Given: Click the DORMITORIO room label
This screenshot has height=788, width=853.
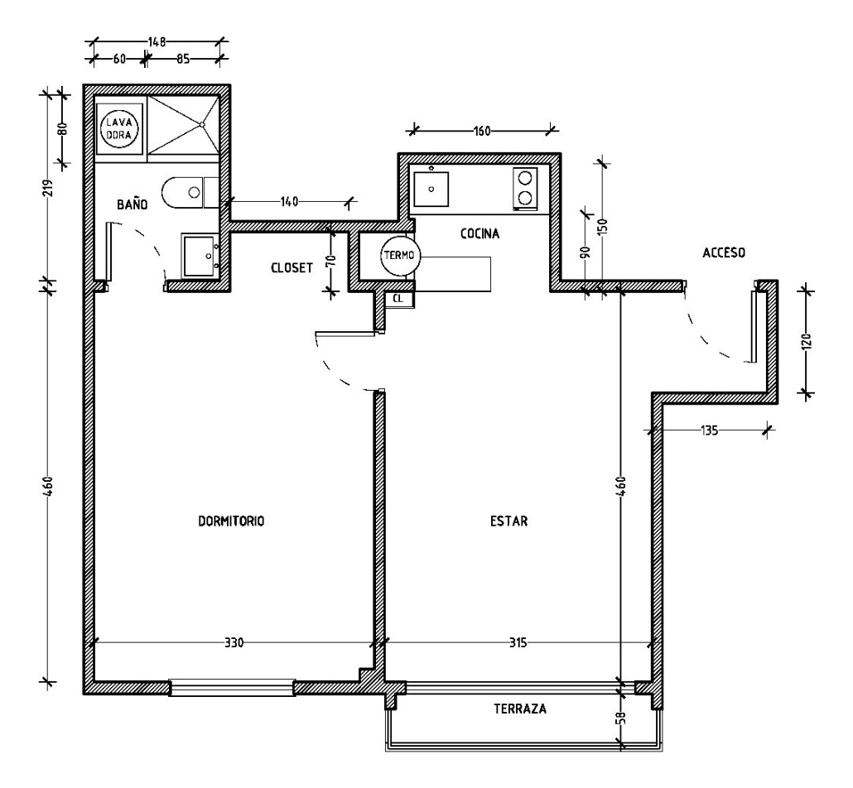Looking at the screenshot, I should click(x=230, y=521).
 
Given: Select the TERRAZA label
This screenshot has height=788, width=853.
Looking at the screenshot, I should click(x=519, y=709).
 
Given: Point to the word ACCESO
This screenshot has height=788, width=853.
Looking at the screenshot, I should click(x=725, y=253).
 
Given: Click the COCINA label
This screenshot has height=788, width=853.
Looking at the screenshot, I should click(x=480, y=234).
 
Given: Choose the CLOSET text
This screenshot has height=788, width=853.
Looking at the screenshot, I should click(x=292, y=268).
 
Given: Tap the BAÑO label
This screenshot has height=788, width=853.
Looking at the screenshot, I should click(x=131, y=204).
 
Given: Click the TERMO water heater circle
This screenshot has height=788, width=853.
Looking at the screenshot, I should click(x=401, y=257).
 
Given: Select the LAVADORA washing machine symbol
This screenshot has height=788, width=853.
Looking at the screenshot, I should click(x=118, y=128).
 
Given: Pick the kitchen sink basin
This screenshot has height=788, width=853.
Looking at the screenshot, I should click(x=431, y=189).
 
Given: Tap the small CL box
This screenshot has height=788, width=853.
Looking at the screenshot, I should click(x=398, y=299).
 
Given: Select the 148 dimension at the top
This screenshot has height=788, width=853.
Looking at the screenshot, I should click(x=158, y=40).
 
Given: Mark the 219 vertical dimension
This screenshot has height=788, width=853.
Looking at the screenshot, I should click(x=46, y=189).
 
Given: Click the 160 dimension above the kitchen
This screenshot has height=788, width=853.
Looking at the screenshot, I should click(x=483, y=130).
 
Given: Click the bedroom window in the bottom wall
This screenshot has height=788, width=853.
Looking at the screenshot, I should click(x=232, y=688).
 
